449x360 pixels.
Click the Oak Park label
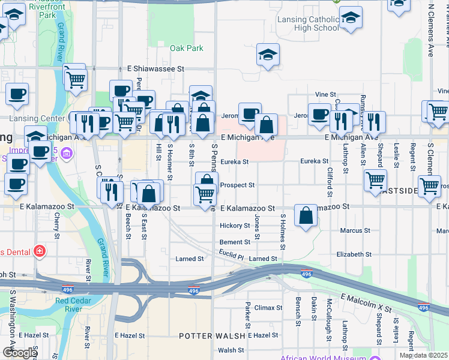click(186, 48)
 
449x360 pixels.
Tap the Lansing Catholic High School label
click(308, 23)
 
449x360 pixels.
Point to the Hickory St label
click(234, 226)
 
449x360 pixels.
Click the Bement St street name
click(234, 242)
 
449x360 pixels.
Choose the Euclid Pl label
click(231, 256)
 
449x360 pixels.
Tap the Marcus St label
click(355, 230)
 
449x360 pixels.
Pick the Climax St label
click(268, 308)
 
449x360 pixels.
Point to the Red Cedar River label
click(77, 305)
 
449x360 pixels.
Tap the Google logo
click(20, 352)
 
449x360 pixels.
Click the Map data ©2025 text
click(423, 355)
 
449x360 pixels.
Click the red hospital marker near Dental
click(39, 250)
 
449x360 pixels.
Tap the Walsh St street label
click(231, 350)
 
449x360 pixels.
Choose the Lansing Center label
click(36, 118)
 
